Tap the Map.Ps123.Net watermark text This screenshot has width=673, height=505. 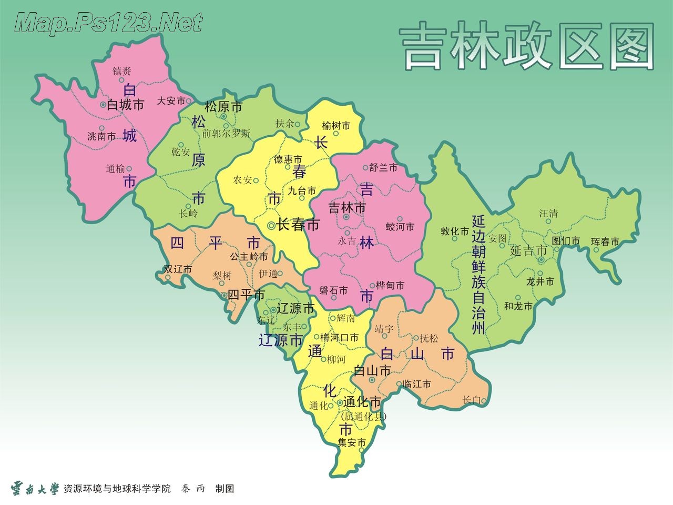109,23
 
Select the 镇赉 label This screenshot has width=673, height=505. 122,71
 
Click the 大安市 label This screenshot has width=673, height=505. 171,100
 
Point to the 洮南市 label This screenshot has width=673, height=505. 101,136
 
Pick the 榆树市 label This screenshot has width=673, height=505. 336,126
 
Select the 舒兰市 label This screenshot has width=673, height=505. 383,168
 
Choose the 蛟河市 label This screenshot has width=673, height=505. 400,227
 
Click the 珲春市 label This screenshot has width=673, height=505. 605,242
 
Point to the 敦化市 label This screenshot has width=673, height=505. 455,231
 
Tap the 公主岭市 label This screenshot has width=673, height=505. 249,257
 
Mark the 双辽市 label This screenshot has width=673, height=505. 178,269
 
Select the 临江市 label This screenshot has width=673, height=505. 417,385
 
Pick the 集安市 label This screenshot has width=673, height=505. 352,443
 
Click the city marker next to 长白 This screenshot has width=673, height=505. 483,401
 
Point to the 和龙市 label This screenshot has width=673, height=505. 518,306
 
